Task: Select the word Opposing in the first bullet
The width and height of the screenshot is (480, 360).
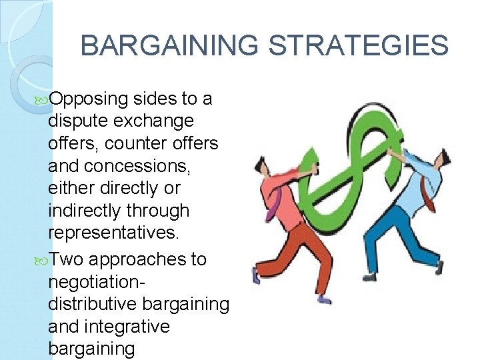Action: [88, 99]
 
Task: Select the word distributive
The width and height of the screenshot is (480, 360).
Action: [91, 304]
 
